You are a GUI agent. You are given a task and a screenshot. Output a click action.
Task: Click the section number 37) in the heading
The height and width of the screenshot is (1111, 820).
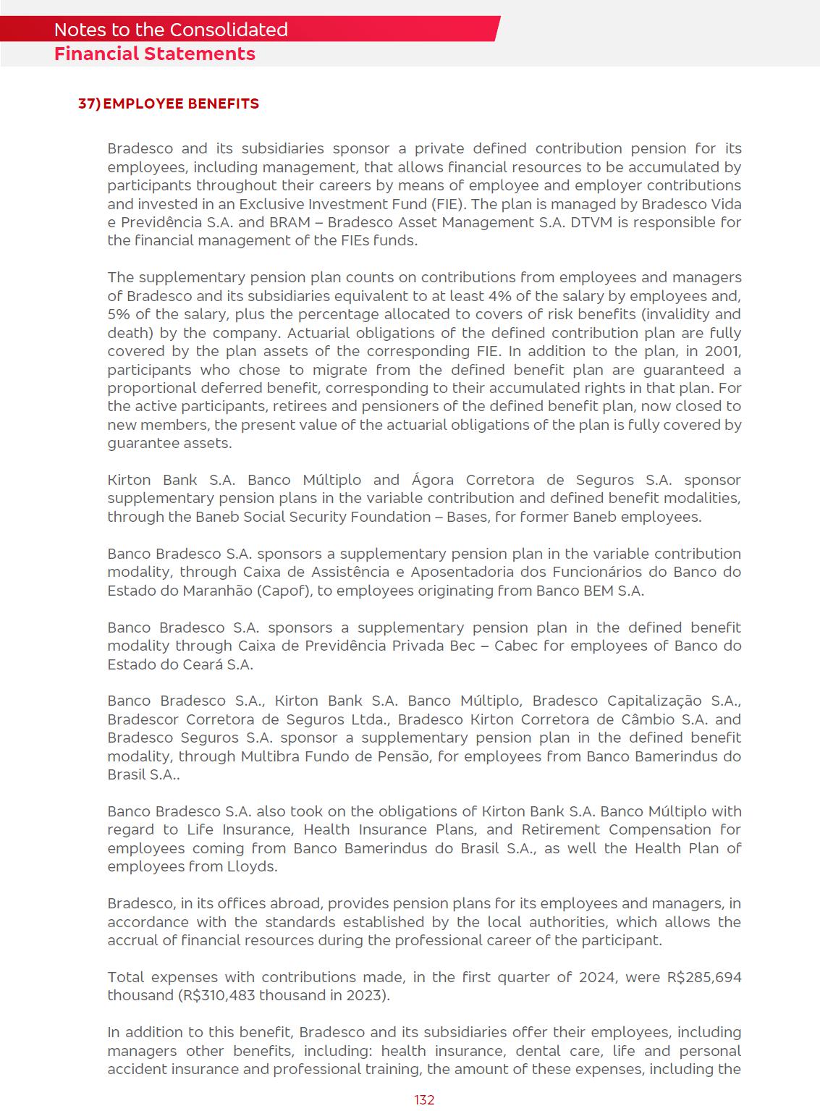89,104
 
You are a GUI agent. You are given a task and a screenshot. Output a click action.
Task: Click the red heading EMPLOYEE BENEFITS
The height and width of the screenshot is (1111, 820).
181,104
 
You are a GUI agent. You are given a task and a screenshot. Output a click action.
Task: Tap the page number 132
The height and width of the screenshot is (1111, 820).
424,1099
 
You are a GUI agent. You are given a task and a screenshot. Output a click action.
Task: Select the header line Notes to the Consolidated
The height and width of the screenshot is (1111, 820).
171,30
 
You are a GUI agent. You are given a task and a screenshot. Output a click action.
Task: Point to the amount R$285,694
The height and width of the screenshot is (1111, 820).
704,977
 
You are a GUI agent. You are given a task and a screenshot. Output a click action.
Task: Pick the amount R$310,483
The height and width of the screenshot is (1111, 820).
216,995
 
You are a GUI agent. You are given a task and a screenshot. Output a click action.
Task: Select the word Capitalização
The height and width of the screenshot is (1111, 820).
654,701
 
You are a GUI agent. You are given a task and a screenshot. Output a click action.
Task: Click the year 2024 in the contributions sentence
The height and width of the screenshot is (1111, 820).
597,977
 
